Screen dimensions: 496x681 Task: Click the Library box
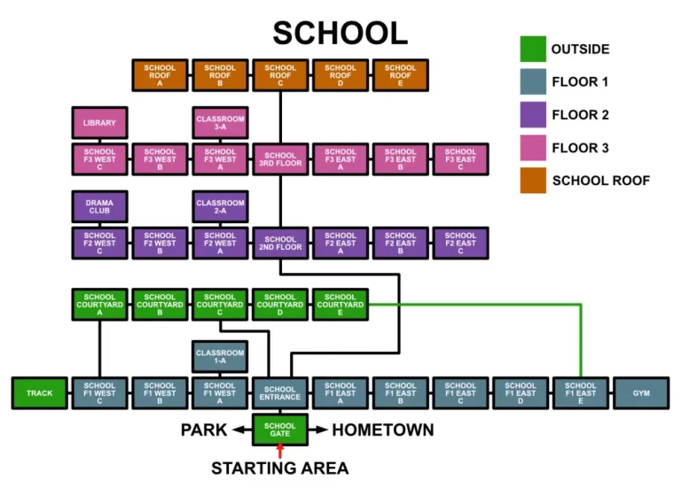coord(99,122)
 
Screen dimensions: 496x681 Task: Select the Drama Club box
coord(99,207)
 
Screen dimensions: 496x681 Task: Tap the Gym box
coord(640,393)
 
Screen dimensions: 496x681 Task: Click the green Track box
coord(39,393)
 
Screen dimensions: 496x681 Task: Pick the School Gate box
coord(280,430)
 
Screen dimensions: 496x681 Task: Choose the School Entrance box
coord(280,393)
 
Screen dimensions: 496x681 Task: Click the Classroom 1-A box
coord(220,357)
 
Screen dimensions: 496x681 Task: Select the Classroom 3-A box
coord(220,122)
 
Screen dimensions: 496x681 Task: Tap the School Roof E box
coord(400,74)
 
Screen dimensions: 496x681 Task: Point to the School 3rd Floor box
coord(280,159)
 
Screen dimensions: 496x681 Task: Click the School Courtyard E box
coord(340,304)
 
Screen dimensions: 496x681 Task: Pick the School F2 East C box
coord(460,243)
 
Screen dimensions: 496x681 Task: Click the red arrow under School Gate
coord(280,452)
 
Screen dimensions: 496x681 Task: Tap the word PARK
coord(204,430)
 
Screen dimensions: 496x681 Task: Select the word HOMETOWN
coord(383,430)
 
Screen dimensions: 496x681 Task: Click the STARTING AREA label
coord(280,469)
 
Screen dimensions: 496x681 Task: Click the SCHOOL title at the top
coord(340,33)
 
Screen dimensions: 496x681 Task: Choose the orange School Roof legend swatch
coord(532,181)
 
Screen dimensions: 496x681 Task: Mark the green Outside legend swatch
coord(532,49)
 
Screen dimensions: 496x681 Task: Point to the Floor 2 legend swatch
coord(532,115)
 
